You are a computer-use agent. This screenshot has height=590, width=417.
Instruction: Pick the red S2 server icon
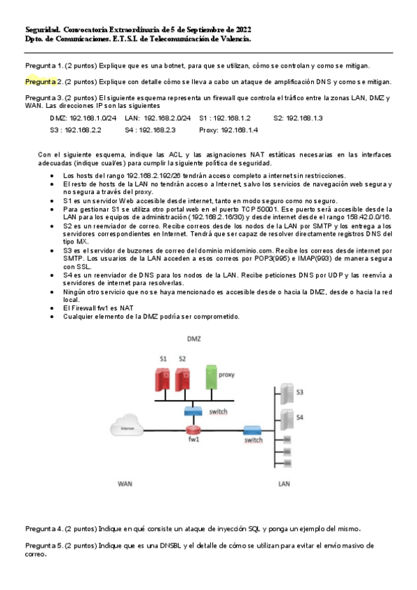click(183, 378)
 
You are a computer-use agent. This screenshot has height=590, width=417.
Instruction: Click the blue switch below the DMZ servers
click(193, 411)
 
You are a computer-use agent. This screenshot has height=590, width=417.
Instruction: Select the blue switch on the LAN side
click(251, 429)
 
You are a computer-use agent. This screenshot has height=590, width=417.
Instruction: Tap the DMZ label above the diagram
click(194, 338)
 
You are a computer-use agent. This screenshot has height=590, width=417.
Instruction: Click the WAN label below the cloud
click(125, 482)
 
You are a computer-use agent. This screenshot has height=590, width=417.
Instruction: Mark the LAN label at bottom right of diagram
click(284, 482)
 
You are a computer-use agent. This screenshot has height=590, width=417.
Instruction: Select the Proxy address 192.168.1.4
click(239, 130)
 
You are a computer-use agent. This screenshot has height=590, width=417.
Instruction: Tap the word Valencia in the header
click(235, 40)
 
